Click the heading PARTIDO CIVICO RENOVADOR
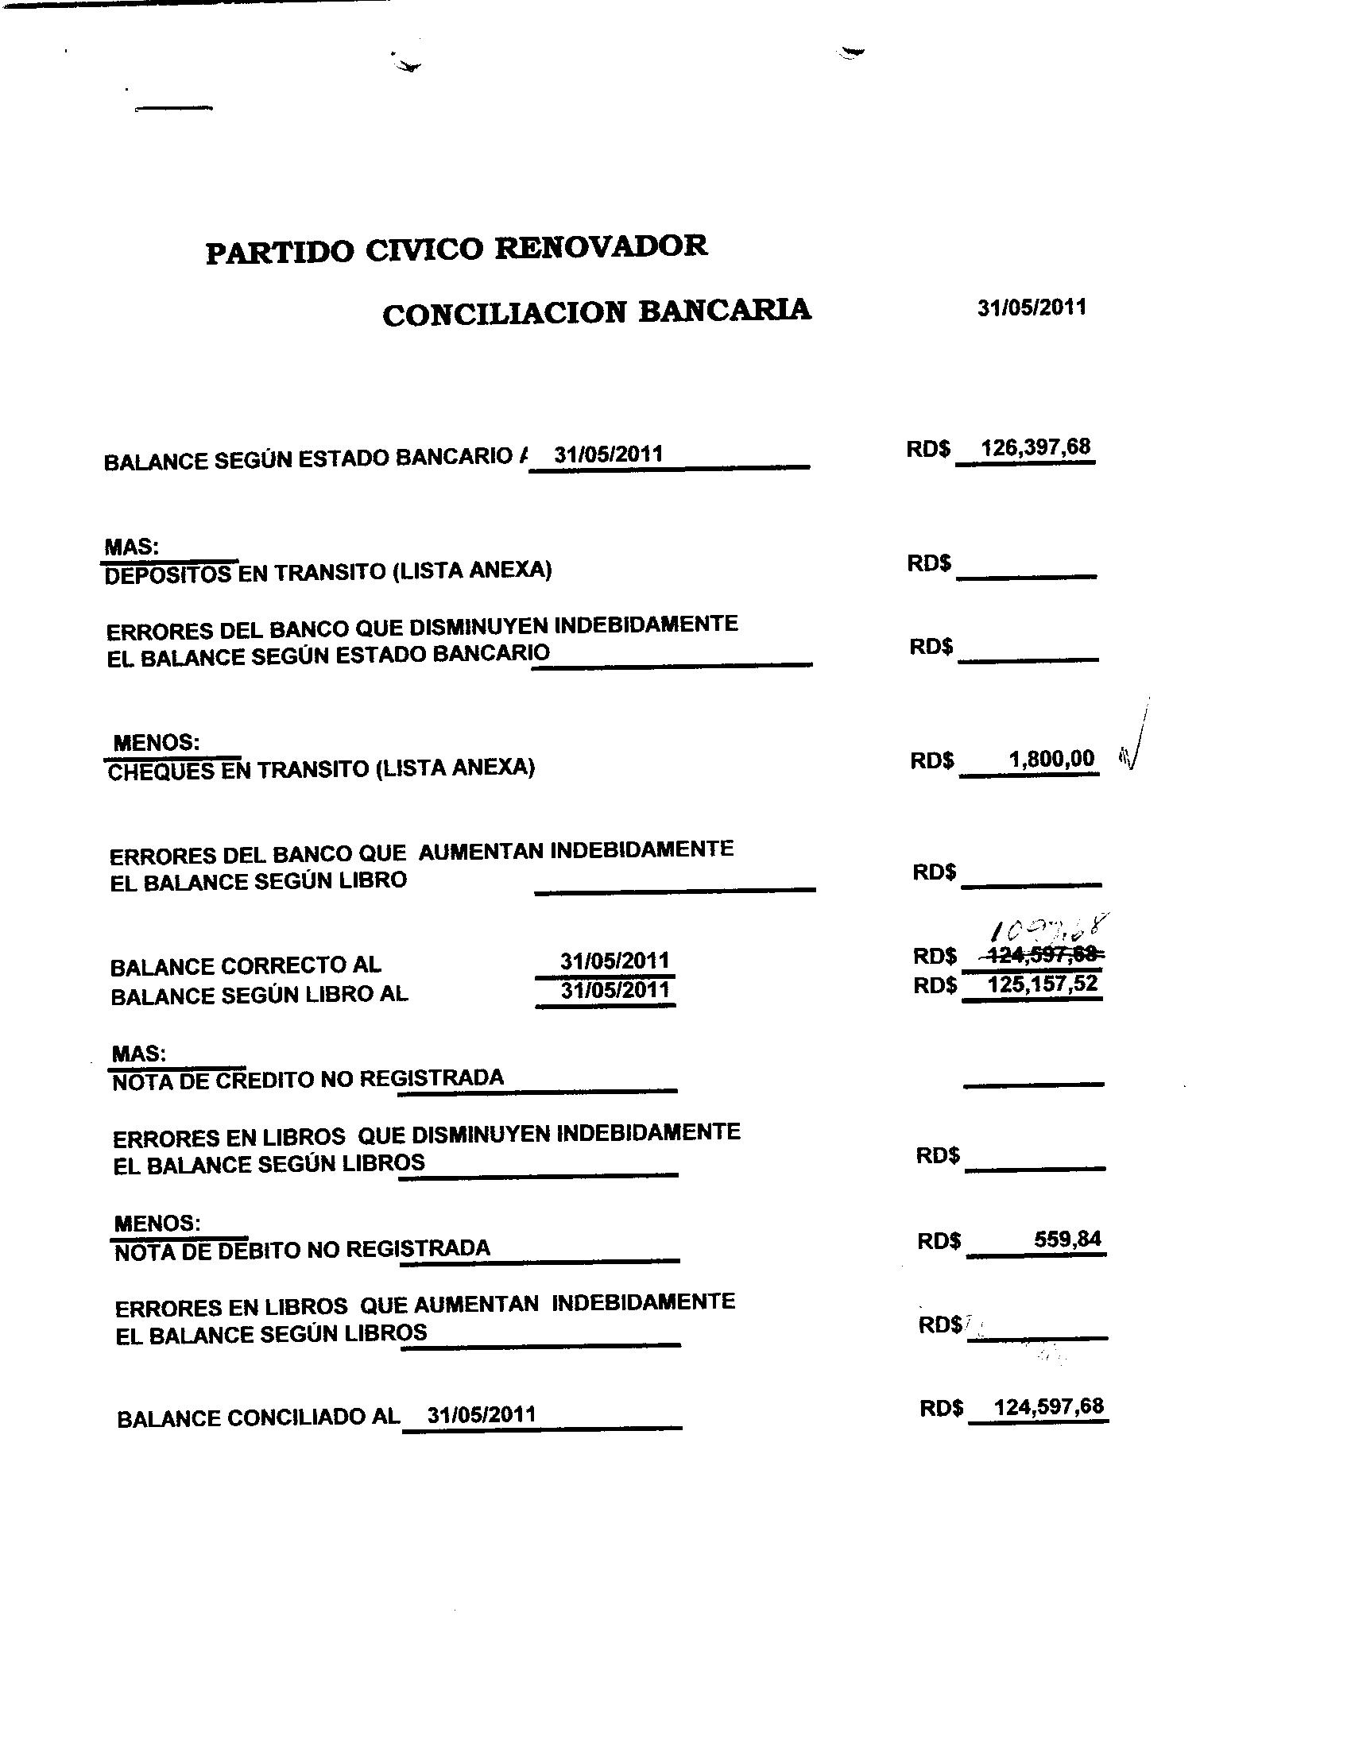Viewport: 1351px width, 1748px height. (456, 249)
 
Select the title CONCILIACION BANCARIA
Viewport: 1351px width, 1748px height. (596, 311)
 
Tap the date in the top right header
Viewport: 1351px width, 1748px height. (1031, 308)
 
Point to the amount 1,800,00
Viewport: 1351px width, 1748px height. (1051, 758)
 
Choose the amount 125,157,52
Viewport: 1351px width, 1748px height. (1042, 984)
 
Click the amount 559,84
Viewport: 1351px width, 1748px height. (1066, 1239)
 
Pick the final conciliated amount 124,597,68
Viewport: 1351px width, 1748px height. (1047, 1406)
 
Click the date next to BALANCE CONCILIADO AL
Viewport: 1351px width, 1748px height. (481, 1413)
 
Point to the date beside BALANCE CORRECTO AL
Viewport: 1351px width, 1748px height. (614, 961)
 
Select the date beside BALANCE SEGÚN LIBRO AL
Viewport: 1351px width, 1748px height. (614, 990)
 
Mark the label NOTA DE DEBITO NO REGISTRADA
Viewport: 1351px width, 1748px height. (302, 1249)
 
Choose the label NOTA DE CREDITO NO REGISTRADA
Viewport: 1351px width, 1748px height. (308, 1080)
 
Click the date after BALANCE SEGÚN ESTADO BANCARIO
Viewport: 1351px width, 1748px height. (608, 454)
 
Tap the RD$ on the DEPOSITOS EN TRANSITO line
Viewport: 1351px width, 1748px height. (928, 563)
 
